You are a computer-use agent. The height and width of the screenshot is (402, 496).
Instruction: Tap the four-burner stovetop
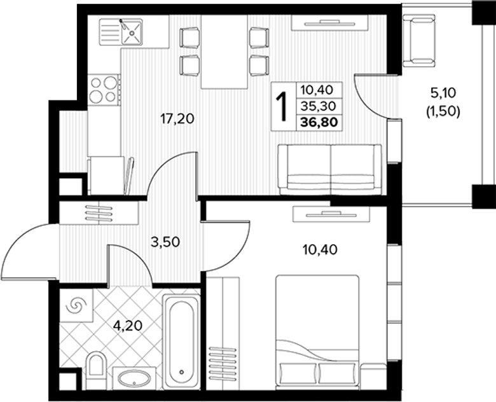104,90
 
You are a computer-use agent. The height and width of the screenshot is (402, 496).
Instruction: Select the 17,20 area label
177,119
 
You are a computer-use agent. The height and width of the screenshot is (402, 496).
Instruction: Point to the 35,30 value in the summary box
317,106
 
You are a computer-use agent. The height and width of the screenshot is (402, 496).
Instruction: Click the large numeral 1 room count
282,107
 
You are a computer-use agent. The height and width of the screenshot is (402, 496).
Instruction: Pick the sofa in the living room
330,170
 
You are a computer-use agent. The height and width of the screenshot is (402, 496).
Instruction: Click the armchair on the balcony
419,42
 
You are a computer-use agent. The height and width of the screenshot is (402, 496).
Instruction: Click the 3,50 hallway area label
165,242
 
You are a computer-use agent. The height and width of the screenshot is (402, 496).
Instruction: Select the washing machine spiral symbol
76,305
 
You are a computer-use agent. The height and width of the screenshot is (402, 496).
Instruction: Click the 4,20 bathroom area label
128,326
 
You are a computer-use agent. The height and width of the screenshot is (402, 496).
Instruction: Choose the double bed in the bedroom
317,332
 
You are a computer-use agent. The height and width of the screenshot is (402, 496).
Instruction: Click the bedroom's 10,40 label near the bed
320,251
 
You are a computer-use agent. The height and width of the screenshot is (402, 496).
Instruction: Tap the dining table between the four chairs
224,52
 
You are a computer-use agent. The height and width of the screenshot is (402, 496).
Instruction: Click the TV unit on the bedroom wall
331,214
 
